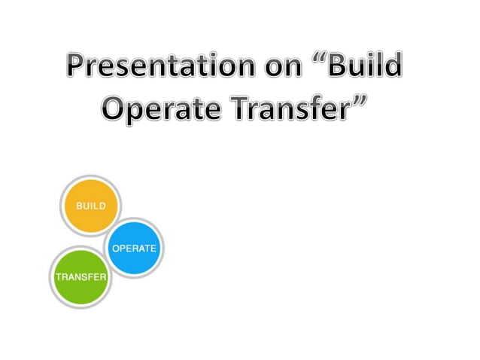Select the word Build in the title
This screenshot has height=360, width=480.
(x=369, y=69)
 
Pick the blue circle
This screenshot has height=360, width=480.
(x=134, y=248)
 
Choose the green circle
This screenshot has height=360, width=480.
(x=80, y=276)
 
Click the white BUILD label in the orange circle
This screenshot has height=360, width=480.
(x=90, y=206)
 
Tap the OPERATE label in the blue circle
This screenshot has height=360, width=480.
(x=134, y=249)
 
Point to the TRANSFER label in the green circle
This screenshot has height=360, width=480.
(x=81, y=277)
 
